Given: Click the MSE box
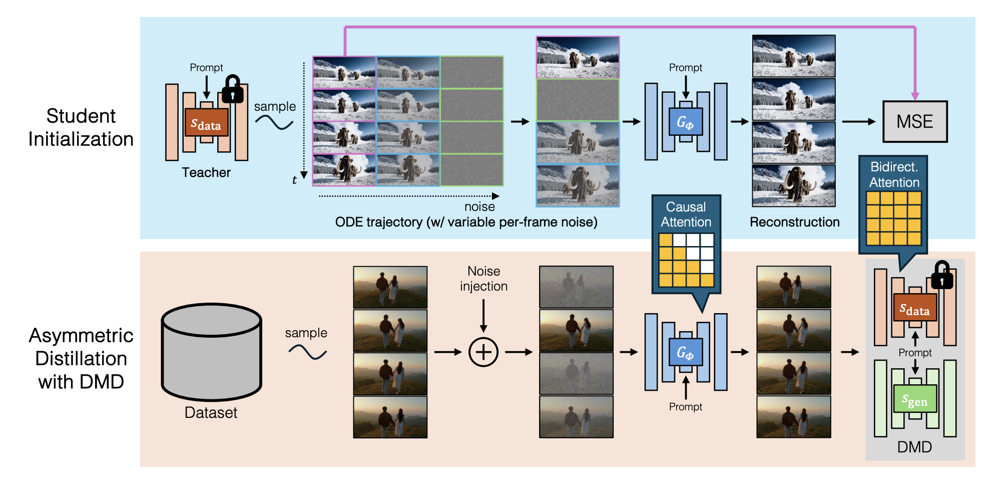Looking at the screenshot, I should point(914,122).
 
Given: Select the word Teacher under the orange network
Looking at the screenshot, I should point(206,172).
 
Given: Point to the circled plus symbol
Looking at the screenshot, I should point(483,352).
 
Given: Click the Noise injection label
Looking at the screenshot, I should point(483,279).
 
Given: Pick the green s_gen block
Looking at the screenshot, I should point(915,399).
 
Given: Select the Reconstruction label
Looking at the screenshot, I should point(794,222).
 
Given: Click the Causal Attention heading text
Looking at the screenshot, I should point(686,214).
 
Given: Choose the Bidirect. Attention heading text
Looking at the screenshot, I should point(894,174).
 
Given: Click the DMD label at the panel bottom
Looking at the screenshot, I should point(914,447).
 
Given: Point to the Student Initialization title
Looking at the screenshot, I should point(81,127).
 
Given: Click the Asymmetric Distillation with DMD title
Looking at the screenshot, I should point(81,358).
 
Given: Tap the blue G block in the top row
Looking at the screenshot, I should point(685,122).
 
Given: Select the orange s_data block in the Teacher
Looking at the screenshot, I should point(206,123).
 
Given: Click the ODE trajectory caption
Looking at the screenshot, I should point(466,222).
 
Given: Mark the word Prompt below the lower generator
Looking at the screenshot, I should point(685,407).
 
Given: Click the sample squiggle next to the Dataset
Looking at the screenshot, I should point(307,352).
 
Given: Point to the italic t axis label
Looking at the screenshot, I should point(294,180).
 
